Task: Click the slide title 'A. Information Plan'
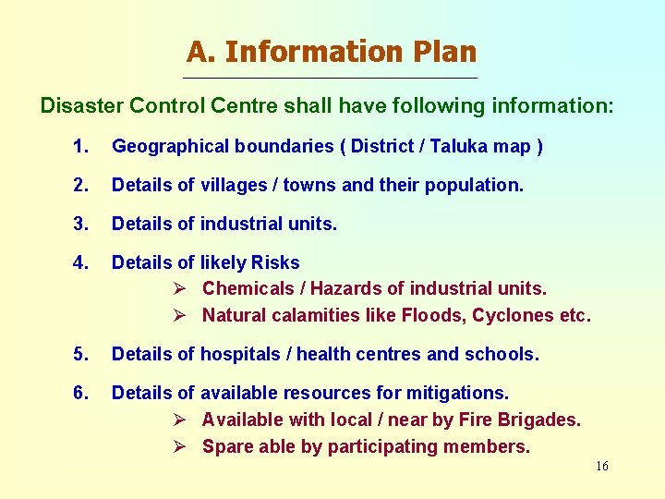tap(332, 51)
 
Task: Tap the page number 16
tap(601, 467)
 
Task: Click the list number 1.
tap(80, 146)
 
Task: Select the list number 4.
tap(80, 262)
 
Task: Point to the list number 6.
tap(80, 394)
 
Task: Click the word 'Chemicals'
tap(243, 289)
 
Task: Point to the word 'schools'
tap(503, 354)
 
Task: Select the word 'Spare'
tap(224, 446)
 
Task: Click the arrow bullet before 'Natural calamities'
tap(181, 315)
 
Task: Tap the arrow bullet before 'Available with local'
tap(181, 420)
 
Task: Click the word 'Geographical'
tap(169, 146)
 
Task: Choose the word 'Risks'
tap(275, 262)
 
